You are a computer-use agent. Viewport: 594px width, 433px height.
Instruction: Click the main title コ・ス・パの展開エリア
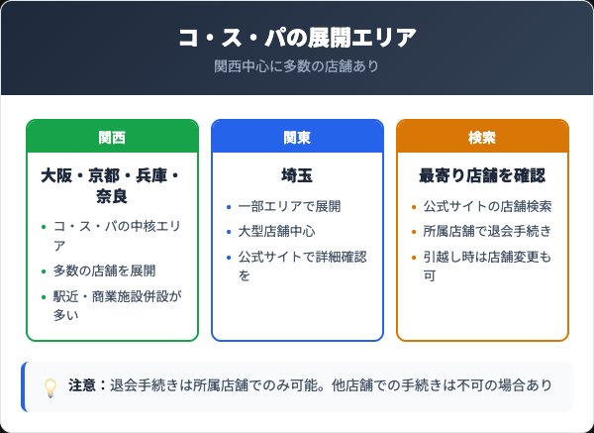coord(297,38)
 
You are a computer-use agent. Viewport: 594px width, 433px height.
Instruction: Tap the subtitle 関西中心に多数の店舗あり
coord(297,66)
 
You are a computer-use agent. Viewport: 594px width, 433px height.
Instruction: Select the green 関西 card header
coord(112,137)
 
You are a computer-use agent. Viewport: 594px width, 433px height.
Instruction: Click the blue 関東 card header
coord(297,137)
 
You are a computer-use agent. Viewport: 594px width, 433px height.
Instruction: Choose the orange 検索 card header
coord(482,137)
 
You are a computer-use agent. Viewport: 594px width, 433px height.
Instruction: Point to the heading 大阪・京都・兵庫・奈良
coord(112,186)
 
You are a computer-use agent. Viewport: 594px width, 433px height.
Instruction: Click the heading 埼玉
coord(297,175)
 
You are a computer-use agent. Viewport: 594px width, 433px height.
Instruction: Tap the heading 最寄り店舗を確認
coord(482,175)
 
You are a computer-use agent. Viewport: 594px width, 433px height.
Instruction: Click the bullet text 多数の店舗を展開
coord(104,271)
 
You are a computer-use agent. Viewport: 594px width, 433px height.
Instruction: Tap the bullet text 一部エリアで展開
coord(289,206)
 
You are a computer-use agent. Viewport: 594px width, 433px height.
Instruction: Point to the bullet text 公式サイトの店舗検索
coord(487,206)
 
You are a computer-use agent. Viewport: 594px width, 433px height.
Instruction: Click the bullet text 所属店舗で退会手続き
coord(487,232)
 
